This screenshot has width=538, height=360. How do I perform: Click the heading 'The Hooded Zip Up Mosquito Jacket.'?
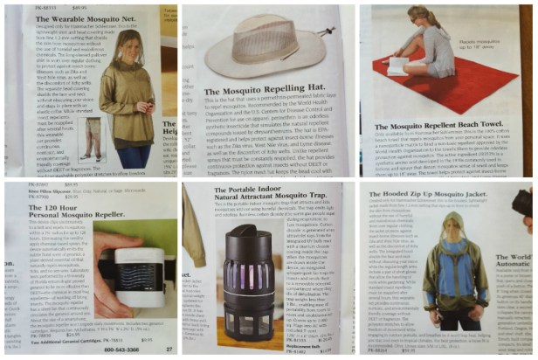tap(432, 190)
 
